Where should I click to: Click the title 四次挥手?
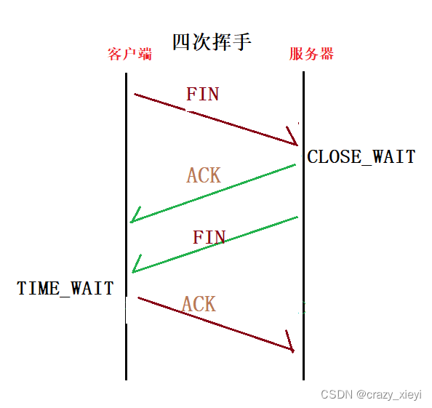[x=212, y=42]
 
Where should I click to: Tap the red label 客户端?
[x=129, y=54]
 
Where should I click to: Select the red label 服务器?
[x=311, y=54]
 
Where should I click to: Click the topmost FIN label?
[x=203, y=95]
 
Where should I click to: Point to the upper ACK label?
[x=204, y=175]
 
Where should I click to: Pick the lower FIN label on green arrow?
[x=209, y=237]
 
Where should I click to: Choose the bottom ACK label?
[x=199, y=304]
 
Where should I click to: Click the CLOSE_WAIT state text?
[x=361, y=157]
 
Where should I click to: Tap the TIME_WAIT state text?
[x=65, y=289]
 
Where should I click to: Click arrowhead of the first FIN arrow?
[x=297, y=145]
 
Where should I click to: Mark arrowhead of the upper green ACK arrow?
[x=131, y=221]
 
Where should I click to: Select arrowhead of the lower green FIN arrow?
[x=133, y=271]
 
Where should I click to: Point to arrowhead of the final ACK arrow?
[x=293, y=351]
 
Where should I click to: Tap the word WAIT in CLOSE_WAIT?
[x=394, y=156]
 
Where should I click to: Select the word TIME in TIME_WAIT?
[x=39, y=288]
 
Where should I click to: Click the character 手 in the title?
[x=242, y=42]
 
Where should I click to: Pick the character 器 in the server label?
[x=327, y=54]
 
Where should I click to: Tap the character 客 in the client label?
[x=115, y=54]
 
